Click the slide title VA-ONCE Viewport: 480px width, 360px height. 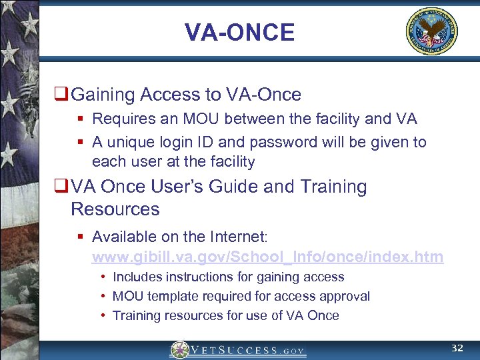coord(239,32)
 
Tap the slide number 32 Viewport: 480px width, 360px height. coord(457,349)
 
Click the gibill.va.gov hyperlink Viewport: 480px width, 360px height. coord(267,257)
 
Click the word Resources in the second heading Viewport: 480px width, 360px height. coord(115,209)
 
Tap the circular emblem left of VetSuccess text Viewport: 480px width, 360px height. coord(180,350)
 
